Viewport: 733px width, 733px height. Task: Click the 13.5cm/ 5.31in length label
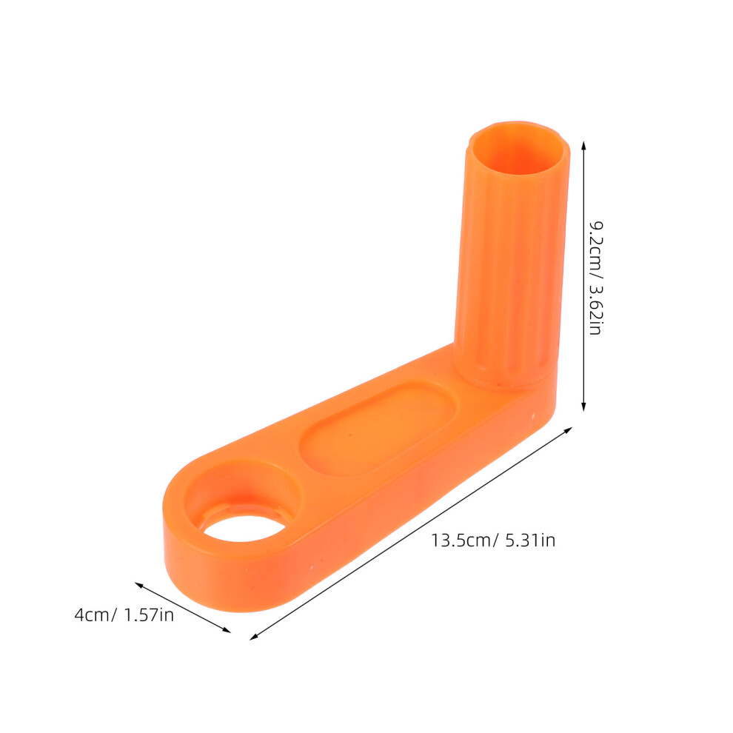click(x=493, y=540)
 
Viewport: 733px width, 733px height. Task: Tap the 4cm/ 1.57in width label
click(x=124, y=615)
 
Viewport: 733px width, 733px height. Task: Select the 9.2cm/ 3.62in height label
click(x=595, y=278)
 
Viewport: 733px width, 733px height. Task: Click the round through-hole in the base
click(x=244, y=528)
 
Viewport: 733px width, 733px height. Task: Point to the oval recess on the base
click(x=378, y=429)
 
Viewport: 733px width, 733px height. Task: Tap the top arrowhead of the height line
click(x=583, y=145)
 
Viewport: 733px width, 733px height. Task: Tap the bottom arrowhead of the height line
click(x=583, y=406)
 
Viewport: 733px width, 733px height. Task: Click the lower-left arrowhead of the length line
click(x=254, y=637)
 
